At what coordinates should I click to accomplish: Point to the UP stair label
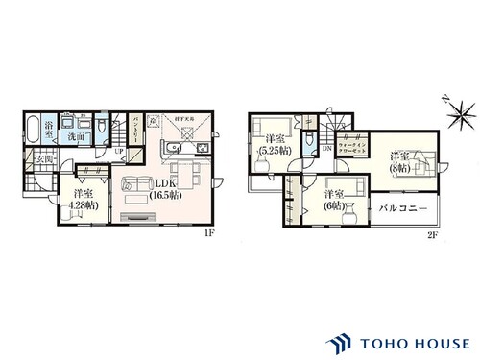[119, 151]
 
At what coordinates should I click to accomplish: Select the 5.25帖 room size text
[268, 152]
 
